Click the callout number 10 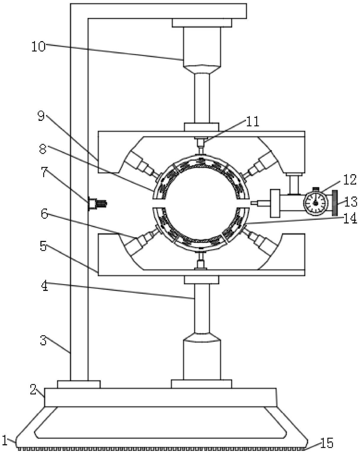click(38, 47)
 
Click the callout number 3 click(43, 340)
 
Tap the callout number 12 click(350, 180)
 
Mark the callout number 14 click(350, 219)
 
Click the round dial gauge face click(316, 203)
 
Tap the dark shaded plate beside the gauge click(335, 203)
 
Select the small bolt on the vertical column click(97, 203)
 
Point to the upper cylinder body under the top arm click(202, 47)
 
